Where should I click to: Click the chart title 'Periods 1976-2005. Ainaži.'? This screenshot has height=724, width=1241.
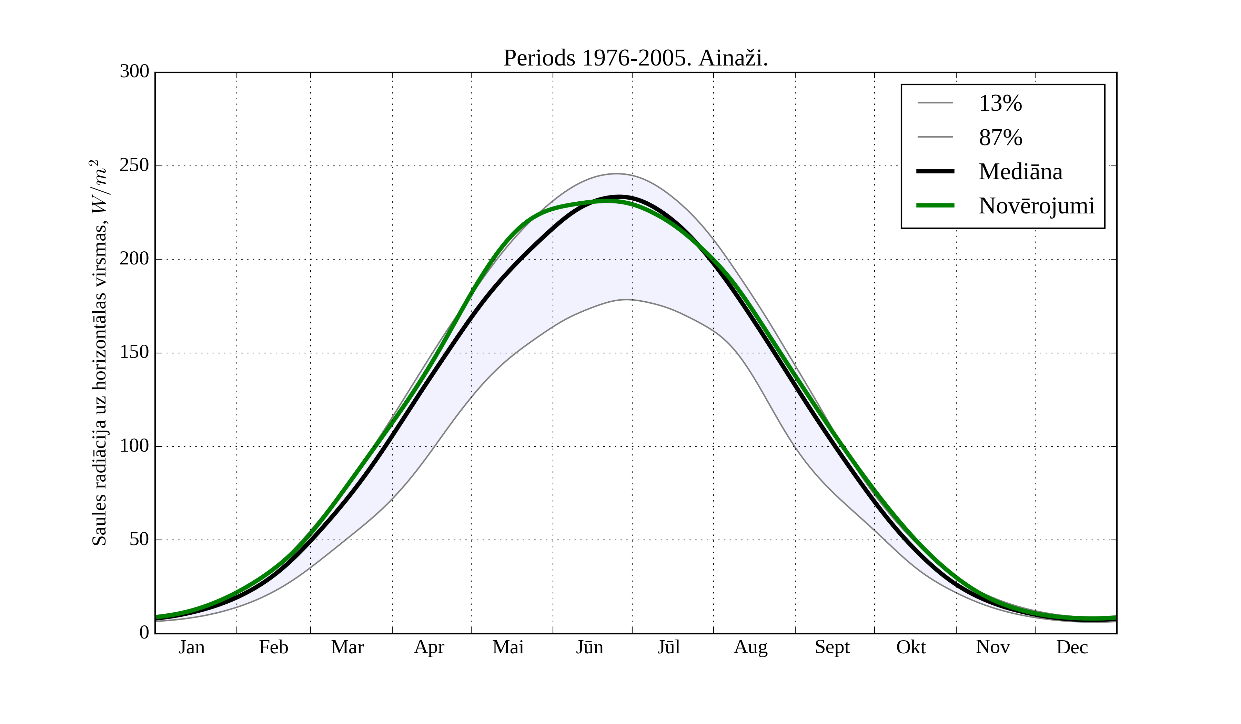[635, 58]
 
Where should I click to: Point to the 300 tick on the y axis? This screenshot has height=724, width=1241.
[134, 72]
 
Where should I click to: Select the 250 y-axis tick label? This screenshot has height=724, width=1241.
[134, 165]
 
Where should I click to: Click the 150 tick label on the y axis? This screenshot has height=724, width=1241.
[134, 353]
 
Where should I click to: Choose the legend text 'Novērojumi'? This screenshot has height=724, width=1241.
[1037, 206]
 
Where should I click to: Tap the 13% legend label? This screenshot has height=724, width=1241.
[1000, 103]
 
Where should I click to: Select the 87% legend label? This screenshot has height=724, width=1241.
[1000, 138]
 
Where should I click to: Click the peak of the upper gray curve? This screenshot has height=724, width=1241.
[616, 174]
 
